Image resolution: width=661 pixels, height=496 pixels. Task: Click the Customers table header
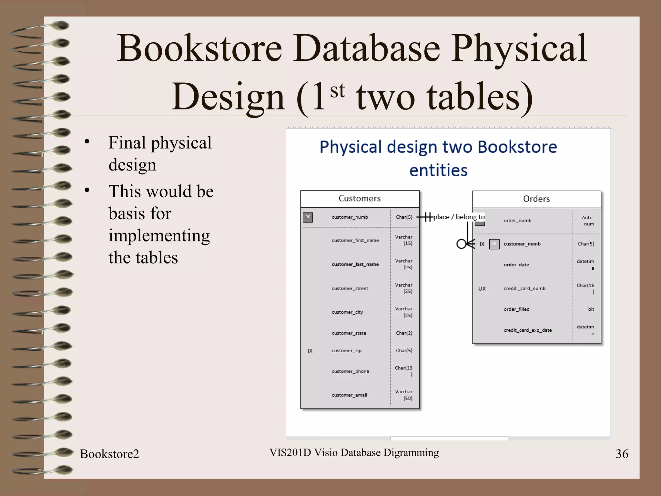pos(360,199)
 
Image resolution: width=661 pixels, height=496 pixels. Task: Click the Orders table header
pos(536,199)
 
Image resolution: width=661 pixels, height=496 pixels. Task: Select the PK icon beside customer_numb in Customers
pos(308,217)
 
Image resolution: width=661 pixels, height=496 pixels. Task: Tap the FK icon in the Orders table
pos(494,244)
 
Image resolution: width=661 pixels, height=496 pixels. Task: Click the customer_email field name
pos(349,395)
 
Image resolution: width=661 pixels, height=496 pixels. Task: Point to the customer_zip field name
pos(346,351)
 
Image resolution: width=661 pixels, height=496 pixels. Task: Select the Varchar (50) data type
pos(404,395)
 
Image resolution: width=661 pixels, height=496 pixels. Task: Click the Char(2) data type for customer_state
pos(404,333)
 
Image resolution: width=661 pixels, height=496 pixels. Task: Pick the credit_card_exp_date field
pos(528,330)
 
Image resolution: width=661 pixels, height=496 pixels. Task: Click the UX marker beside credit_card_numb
pos(482,289)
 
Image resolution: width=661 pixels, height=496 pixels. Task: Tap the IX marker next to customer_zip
pos(310,351)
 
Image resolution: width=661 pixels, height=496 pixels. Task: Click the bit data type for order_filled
pos(591,309)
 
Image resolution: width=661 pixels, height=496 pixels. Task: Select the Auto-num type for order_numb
pos(588,221)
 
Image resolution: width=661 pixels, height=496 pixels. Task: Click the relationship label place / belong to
pos(459,217)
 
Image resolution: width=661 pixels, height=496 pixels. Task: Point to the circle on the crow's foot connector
pos(461,244)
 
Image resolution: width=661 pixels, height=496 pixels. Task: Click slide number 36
pos(622,454)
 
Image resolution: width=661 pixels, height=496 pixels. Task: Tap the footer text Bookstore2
pos(109,454)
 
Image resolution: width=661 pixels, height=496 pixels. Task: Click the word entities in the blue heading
pos(438,170)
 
